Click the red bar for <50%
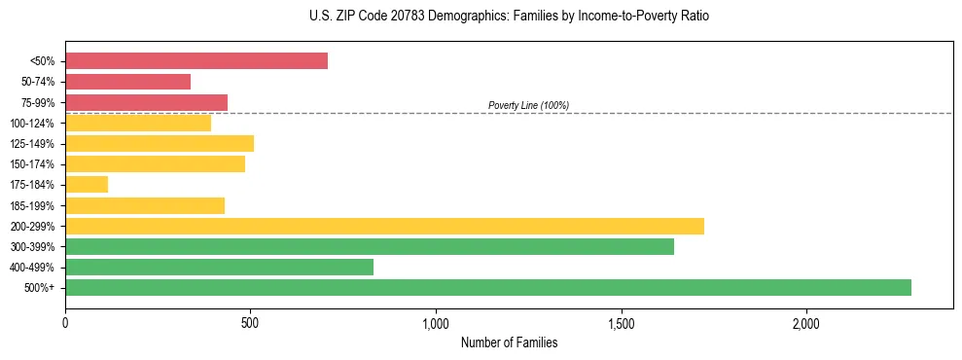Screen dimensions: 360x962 click(x=196, y=61)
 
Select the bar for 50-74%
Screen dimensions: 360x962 click(x=127, y=82)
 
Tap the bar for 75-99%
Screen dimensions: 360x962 click(x=146, y=102)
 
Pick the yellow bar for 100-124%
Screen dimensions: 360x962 click(x=138, y=124)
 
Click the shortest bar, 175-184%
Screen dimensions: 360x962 click(x=87, y=185)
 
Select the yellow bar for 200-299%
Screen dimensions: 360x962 click(x=384, y=226)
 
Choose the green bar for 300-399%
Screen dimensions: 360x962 click(x=370, y=246)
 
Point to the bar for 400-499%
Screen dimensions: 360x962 click(x=219, y=267)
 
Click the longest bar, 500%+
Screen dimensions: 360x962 click(x=488, y=287)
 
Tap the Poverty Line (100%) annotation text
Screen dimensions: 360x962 click(x=528, y=105)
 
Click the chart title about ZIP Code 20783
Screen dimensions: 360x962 click(x=509, y=17)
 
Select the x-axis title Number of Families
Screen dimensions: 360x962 click(x=509, y=342)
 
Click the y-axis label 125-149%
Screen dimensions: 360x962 click(x=32, y=144)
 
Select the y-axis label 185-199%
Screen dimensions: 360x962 click(x=32, y=205)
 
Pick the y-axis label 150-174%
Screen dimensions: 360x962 click(x=32, y=164)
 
